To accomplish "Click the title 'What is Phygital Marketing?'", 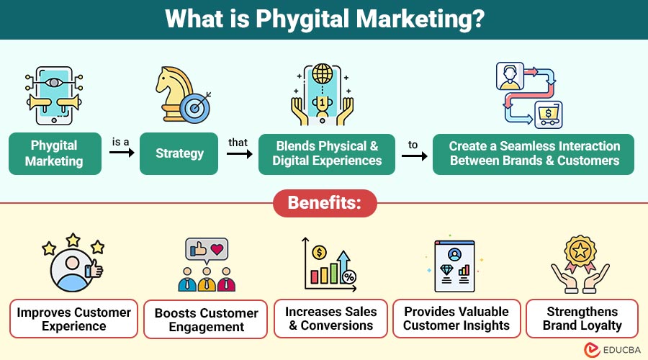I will coord(324,19).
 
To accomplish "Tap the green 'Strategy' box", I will coord(180,153).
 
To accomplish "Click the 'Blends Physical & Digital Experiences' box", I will coord(327,153).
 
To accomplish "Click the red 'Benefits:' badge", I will coord(324,203).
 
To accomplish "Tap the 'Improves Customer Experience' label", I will coord(74,319).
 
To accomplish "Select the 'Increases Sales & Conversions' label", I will coord(330,318).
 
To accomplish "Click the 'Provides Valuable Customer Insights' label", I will coord(456,318).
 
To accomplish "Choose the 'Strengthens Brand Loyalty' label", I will coord(582,318).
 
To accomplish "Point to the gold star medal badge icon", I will coord(581,253).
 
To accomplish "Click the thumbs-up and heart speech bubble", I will coord(207,250).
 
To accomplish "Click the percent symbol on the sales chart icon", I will coord(348,277).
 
